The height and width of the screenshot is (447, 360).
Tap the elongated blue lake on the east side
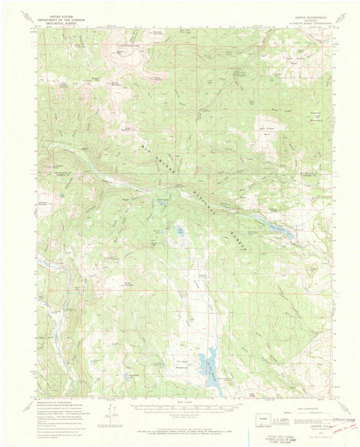pyautogui.click(x=277, y=228)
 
